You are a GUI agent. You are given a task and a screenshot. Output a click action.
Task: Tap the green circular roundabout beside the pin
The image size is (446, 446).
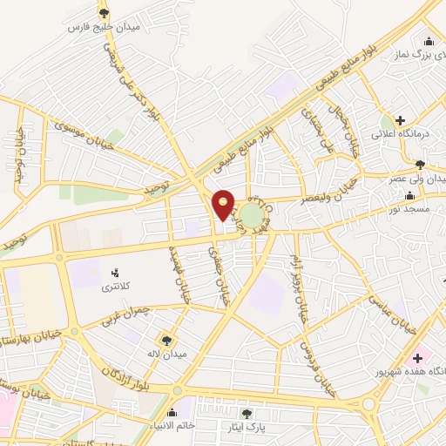point(253,216)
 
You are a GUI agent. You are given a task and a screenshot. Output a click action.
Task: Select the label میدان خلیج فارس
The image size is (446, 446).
point(105,27)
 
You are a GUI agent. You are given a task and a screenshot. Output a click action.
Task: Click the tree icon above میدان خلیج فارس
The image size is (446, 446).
point(105,12)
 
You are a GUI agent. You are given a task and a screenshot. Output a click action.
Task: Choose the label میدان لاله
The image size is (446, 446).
point(166,355)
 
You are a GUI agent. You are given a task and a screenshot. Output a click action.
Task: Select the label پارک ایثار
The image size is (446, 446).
point(248,428)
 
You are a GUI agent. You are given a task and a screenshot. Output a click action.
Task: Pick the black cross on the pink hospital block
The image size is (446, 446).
point(416,358)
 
